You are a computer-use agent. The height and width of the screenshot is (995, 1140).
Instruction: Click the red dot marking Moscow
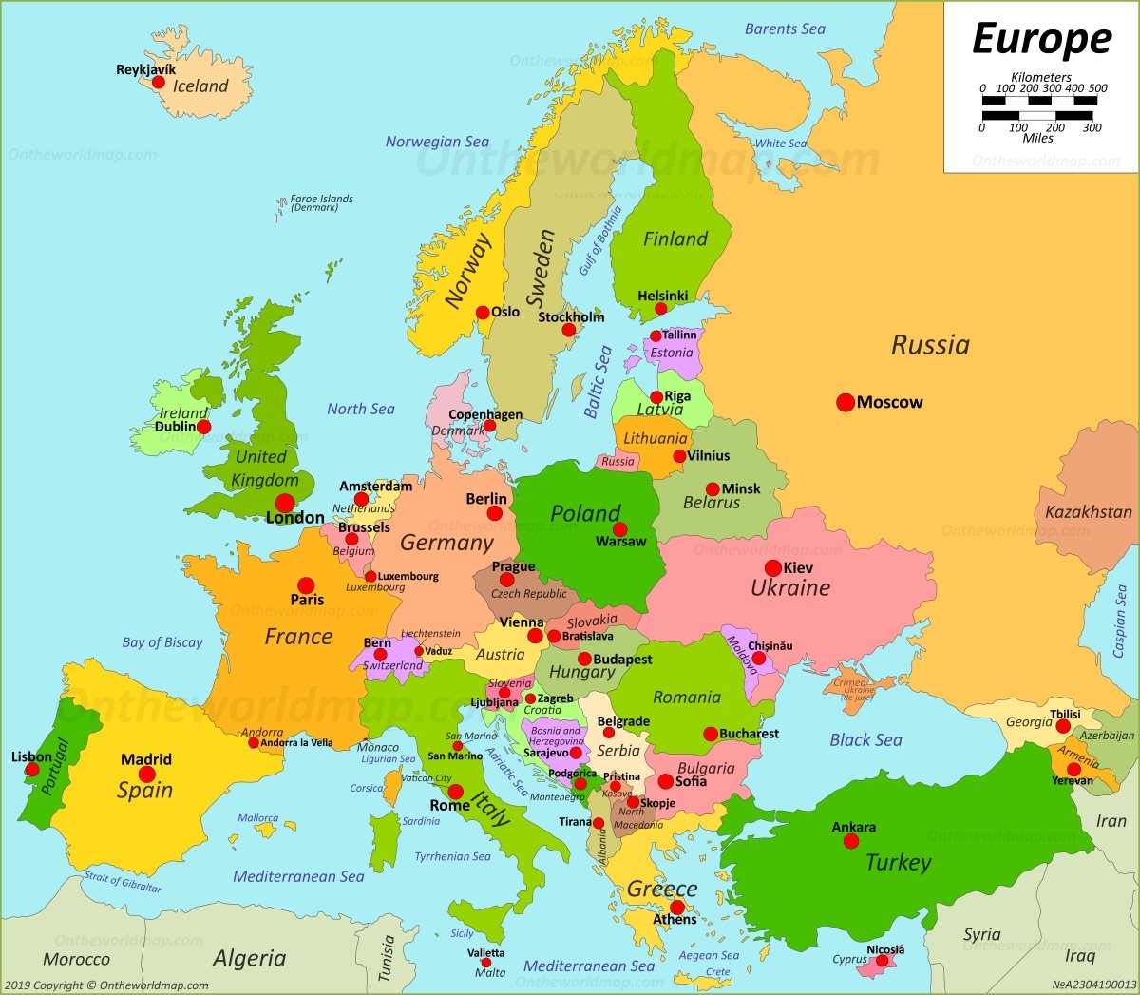pyautogui.click(x=845, y=403)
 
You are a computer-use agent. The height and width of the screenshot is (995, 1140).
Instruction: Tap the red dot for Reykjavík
pyautogui.click(x=159, y=83)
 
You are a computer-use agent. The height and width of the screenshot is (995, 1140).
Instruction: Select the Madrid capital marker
pyautogui.click(x=147, y=775)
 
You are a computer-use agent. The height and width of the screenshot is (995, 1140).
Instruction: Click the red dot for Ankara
pyautogui.click(x=853, y=841)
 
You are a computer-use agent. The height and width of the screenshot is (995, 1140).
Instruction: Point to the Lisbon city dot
pyautogui.click(x=33, y=769)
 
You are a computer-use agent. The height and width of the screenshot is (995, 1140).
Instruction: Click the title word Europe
pyautogui.click(x=1041, y=40)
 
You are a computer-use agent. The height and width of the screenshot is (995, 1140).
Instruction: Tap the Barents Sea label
pyautogui.click(x=785, y=29)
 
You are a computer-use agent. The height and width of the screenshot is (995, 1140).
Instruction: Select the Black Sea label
pyautogui.click(x=865, y=739)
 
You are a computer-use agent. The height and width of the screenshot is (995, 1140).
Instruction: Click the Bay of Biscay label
pyautogui.click(x=162, y=642)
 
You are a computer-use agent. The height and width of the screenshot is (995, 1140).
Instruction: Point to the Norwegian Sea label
pyautogui.click(x=437, y=142)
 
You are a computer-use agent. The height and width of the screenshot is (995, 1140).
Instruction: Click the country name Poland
pyautogui.click(x=585, y=514)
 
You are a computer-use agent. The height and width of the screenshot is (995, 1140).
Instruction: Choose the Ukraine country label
pyautogui.click(x=790, y=588)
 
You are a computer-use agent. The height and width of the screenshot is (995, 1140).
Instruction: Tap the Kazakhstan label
pyautogui.click(x=1088, y=512)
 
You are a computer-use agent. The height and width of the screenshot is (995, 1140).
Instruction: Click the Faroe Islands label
pyautogui.click(x=321, y=202)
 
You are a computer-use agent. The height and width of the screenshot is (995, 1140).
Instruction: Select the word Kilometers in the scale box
pyautogui.click(x=1041, y=77)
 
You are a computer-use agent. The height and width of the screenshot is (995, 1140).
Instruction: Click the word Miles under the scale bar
pyautogui.click(x=1037, y=138)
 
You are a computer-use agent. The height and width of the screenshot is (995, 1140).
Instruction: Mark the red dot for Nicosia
pyautogui.click(x=882, y=962)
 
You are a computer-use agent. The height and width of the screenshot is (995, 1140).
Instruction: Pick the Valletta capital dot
pyautogui.click(x=485, y=963)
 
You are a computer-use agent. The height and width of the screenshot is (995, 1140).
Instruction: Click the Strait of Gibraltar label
pyautogui.click(x=123, y=881)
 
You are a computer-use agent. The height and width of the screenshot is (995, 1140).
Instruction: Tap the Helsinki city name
pyautogui.click(x=662, y=296)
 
